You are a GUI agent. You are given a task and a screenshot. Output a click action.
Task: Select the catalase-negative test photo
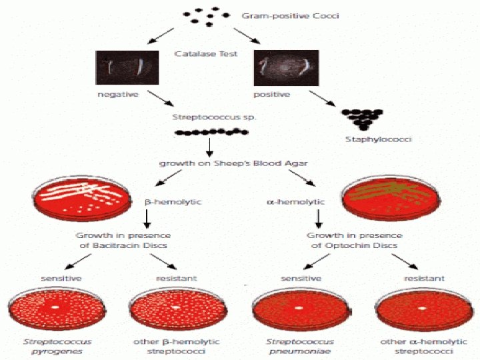(x=127, y=67)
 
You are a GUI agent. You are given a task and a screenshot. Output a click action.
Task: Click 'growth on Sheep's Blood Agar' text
(x=210, y=163)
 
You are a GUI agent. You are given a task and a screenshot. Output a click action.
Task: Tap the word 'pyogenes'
(x=59, y=351)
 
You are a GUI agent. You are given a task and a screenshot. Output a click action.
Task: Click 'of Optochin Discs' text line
(x=354, y=245)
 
